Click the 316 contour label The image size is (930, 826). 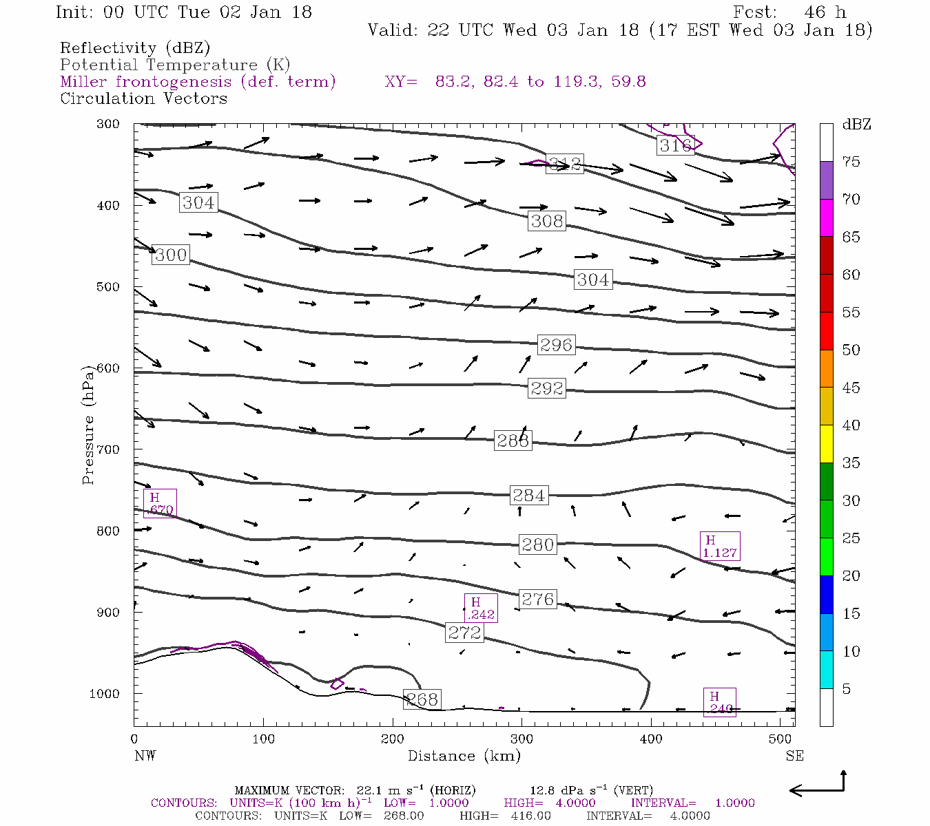tap(675, 145)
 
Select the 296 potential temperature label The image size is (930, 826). tap(556, 345)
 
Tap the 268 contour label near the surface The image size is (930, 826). tap(422, 699)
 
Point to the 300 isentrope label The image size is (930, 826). tap(171, 255)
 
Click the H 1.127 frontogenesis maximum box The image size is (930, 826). tap(719, 547)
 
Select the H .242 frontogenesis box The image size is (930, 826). tap(481, 608)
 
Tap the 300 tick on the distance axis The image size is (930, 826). tap(521, 739)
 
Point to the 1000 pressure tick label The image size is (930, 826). tap(105, 694)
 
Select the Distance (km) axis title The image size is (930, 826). tap(464, 756)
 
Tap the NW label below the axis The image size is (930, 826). tap(145, 756)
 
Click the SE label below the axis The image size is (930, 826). tap(794, 756)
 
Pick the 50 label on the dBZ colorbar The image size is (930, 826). tap(851, 350)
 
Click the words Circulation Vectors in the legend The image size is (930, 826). tap(143, 98)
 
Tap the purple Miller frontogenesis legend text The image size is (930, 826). tap(198, 82)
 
